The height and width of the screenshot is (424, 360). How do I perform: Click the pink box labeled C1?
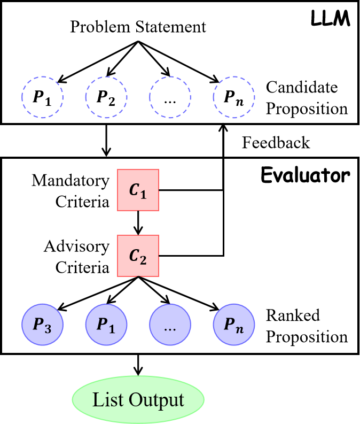pos(138,190)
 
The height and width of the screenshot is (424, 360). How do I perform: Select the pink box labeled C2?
pos(138,256)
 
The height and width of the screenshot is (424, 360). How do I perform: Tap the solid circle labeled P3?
pos(42,325)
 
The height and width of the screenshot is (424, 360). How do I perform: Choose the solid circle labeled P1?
pos(106,325)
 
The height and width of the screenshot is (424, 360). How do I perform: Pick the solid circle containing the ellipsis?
pos(170,325)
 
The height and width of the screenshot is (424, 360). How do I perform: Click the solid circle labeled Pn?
pos(234,325)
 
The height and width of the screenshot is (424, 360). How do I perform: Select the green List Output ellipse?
pos(138,400)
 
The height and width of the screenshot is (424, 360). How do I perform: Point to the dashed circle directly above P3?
pos(42,97)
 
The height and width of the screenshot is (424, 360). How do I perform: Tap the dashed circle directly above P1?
pos(106,97)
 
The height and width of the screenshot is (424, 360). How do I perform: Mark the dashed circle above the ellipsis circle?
pos(170,97)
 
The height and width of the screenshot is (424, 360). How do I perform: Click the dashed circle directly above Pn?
pos(234,97)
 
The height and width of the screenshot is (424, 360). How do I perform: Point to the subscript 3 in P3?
pos(48,328)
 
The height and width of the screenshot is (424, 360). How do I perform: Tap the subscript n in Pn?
pos(240,328)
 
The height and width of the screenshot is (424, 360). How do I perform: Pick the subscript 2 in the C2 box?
pos(143,260)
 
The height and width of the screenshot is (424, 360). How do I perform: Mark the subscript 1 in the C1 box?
pos(143,194)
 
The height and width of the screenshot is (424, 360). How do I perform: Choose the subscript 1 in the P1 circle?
pos(112,328)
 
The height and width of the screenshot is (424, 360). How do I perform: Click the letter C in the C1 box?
pos(134,189)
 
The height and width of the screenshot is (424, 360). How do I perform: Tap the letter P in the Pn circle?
pos(229,323)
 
